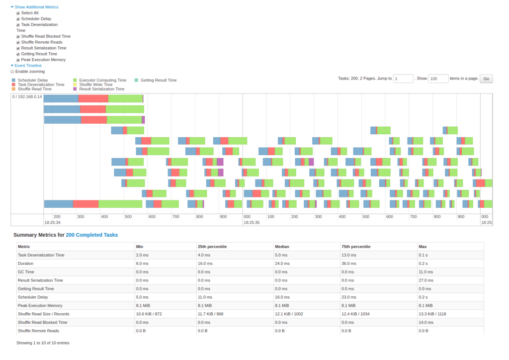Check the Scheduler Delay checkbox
point(18,19)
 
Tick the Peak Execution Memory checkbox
point(18,60)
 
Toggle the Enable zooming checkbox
point(12,72)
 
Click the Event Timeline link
point(28,66)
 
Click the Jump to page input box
point(403,79)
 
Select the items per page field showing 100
point(438,79)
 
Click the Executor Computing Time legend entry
point(102,80)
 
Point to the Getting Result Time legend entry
point(158,80)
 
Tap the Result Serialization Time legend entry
point(101,89)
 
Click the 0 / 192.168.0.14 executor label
point(27,96)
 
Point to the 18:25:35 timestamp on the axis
point(251,223)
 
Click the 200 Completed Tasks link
point(92,235)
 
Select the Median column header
point(282,247)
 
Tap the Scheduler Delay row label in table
point(33,297)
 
